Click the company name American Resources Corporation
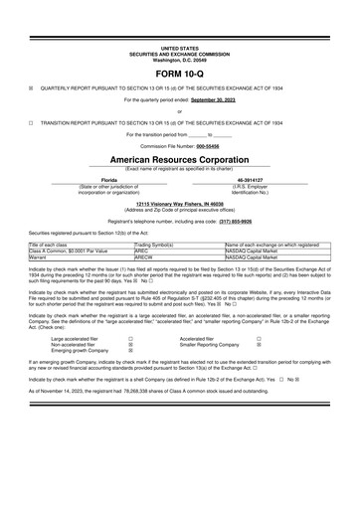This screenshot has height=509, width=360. pyautogui.click(x=179, y=158)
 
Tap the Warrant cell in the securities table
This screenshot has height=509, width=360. pyautogui.click(x=42, y=255)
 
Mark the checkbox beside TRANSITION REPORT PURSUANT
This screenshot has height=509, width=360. pyautogui.click(x=32, y=122)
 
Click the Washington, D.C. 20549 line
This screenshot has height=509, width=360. pyautogui.click(x=179, y=59)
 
